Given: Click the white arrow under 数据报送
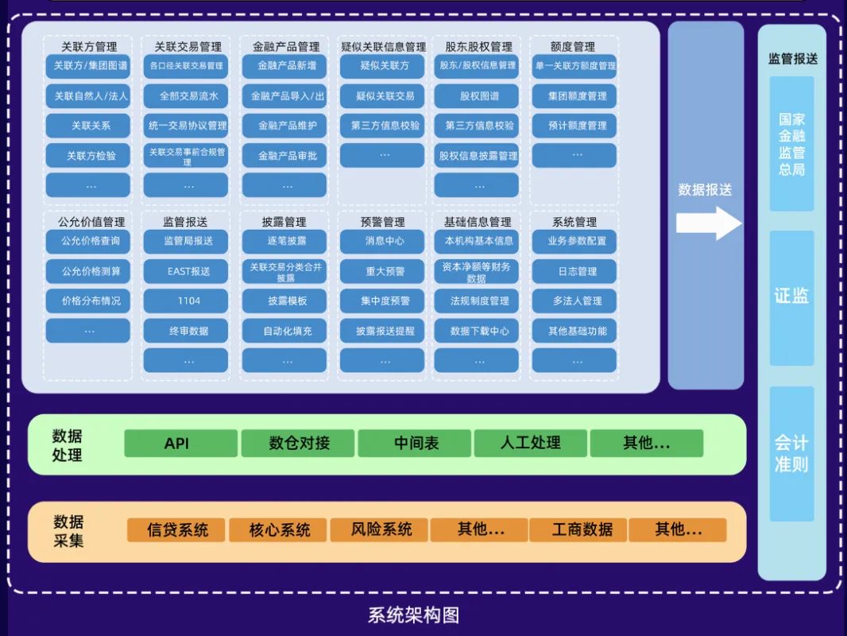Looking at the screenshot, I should tap(708, 223).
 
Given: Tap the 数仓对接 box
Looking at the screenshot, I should tap(298, 443).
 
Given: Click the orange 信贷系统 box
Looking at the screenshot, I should tap(177, 529).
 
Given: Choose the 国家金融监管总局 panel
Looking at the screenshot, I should tap(791, 144).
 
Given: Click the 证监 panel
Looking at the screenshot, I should tap(791, 297).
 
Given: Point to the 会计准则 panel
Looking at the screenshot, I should tap(791, 453).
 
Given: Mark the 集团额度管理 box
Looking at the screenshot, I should tap(574, 96).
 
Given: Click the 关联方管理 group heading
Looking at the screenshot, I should tap(88, 47).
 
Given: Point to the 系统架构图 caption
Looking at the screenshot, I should tap(413, 615).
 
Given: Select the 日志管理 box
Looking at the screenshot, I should tap(574, 271).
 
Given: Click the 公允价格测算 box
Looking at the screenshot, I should tap(88, 271).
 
